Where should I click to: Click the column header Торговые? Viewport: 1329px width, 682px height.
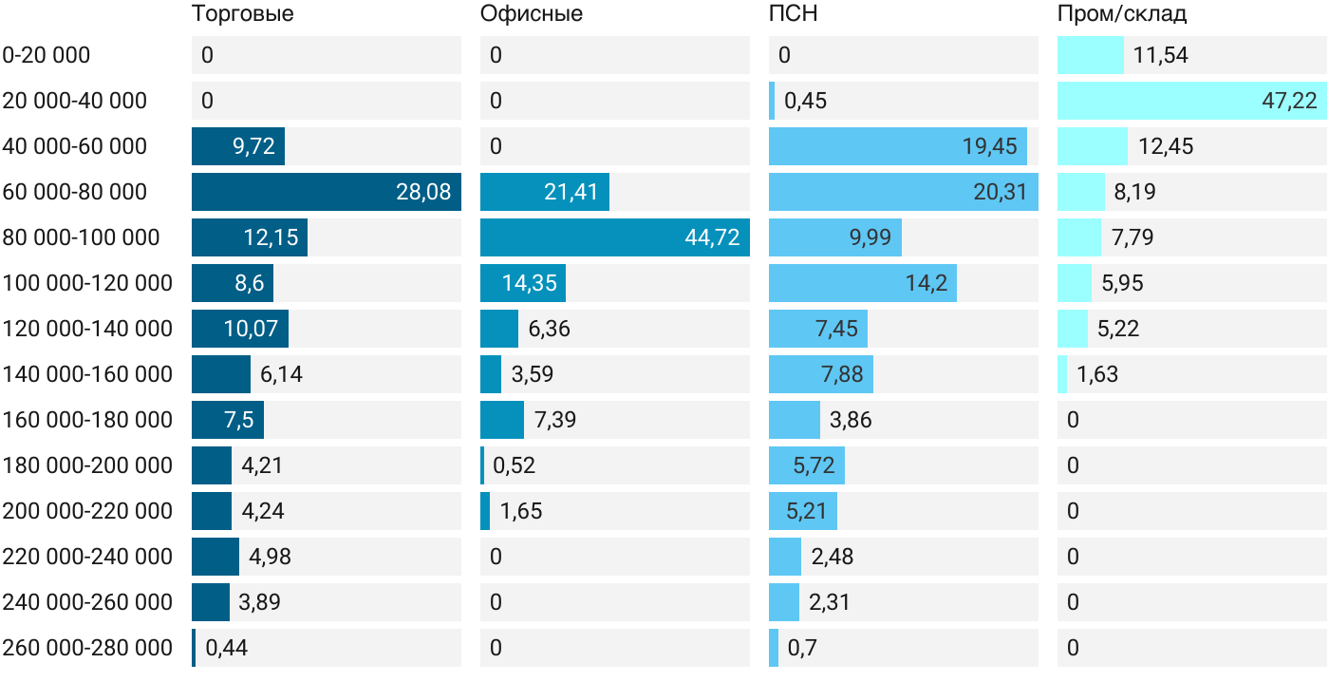point(243,13)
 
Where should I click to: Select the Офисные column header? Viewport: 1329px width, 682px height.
point(531,13)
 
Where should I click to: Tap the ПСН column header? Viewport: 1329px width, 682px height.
point(794,13)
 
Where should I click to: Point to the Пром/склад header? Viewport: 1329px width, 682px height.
point(1122,13)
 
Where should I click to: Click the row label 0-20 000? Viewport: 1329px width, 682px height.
point(47,55)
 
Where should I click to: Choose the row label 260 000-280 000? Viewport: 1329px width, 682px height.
point(87,648)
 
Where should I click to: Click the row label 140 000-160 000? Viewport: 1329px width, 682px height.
point(87,374)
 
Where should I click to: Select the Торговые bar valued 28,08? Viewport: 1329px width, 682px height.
point(327,192)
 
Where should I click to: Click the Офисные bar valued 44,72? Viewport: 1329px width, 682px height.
point(615,237)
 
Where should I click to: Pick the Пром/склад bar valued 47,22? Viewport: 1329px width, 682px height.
point(1192,101)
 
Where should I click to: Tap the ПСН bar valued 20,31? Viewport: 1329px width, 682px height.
point(904,192)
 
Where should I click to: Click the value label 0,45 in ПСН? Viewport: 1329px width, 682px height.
point(805,101)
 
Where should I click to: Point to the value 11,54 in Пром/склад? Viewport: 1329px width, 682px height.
point(1160,55)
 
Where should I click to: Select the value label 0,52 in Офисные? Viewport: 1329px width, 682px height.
point(514,465)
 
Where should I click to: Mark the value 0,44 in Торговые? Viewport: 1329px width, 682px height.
point(226,648)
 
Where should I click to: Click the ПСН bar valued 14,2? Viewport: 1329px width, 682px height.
point(863,283)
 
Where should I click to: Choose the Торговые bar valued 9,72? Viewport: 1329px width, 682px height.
point(238,146)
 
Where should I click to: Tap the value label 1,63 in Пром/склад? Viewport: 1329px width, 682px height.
point(1097,374)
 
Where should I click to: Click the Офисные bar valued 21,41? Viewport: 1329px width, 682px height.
point(545,192)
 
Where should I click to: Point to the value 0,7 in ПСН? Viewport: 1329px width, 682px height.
point(802,648)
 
